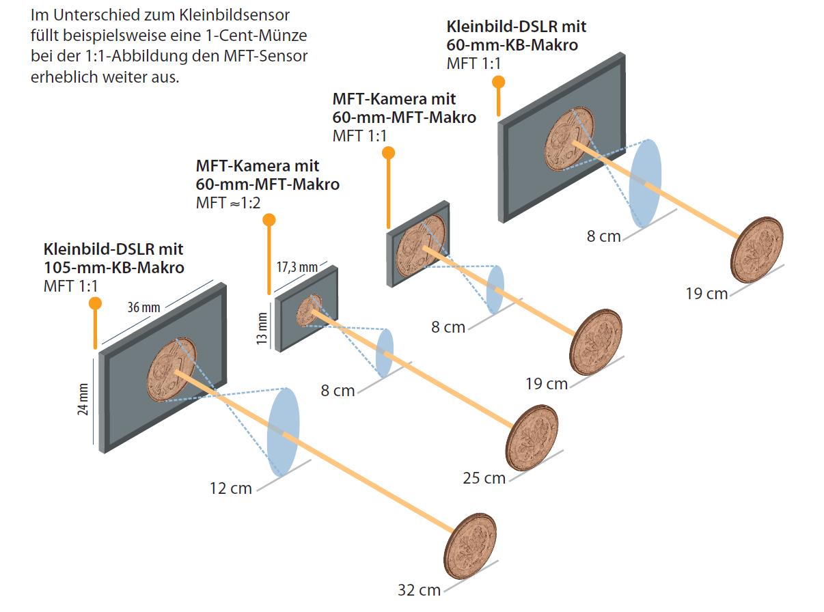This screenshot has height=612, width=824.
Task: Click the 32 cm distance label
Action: (x=419, y=589)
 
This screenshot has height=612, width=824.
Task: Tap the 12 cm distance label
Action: (x=230, y=488)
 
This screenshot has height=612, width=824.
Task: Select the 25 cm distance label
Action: (x=484, y=477)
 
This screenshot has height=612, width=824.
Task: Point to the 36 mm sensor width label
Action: (x=143, y=307)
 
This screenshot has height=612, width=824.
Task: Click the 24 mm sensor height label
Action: (x=83, y=402)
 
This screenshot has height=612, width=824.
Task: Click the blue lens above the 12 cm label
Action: (x=284, y=432)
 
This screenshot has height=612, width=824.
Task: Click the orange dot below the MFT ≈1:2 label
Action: (x=269, y=220)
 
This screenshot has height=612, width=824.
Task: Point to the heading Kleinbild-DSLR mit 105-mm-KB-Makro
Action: (x=113, y=258)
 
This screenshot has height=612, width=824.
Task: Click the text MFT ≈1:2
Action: (x=228, y=202)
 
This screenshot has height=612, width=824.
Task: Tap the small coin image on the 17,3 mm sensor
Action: (x=308, y=311)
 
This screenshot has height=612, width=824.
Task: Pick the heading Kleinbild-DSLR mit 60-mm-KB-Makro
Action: (x=516, y=36)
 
